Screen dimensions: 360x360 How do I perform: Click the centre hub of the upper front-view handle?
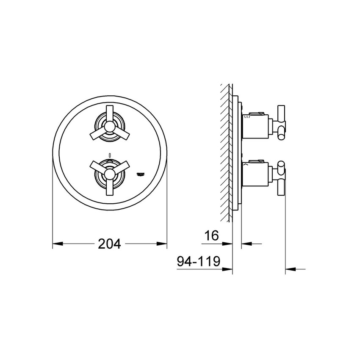point(109,125)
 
